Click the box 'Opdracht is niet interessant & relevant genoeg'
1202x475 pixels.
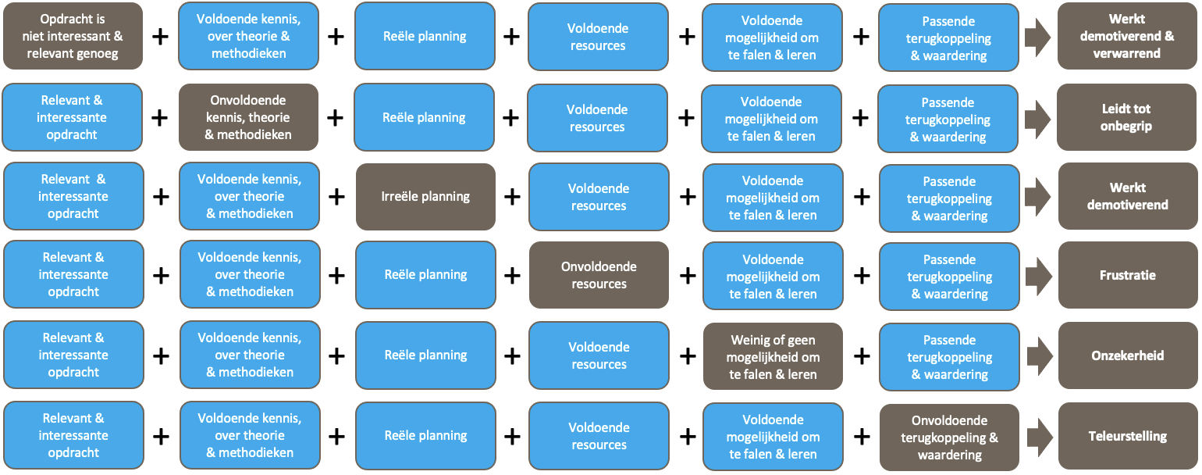(73, 36)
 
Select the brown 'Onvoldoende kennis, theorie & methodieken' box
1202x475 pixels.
(248, 117)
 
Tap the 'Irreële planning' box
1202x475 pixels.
(425, 196)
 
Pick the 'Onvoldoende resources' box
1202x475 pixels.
(599, 275)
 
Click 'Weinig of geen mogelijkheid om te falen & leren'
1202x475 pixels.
(773, 356)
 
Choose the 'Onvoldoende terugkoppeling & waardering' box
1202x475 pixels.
(949, 437)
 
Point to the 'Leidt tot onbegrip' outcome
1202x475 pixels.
(1126, 117)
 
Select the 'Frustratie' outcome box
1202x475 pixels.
(1127, 275)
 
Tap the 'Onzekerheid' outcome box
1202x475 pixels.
(1127, 355)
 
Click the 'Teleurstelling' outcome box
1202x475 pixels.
(1127, 436)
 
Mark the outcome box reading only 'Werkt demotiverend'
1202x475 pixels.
(1127, 196)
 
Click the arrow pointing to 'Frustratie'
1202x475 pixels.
(1039, 275)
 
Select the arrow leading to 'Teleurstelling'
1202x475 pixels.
(1039, 436)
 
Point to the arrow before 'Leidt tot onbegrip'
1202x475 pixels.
(1037, 117)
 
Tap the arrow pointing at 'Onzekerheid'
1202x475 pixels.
(1039, 355)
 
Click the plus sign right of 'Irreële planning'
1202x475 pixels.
(512, 196)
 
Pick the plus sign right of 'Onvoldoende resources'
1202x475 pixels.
(688, 275)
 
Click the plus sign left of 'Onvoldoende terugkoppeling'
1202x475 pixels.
(862, 436)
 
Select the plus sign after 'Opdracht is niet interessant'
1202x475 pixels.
(160, 36)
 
